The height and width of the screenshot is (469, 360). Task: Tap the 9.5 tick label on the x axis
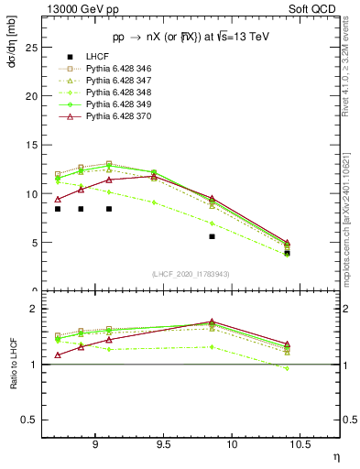pos(164,441)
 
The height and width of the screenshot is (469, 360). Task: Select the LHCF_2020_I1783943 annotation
pos(191,274)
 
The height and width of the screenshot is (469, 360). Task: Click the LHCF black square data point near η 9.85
pos(212,236)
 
